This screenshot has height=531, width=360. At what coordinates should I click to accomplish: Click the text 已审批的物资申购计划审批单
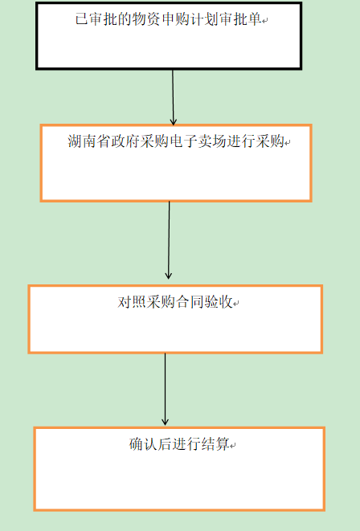(168, 19)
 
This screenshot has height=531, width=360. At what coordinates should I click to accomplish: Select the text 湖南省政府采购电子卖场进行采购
(176, 141)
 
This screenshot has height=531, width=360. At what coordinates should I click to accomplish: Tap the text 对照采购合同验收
(175, 302)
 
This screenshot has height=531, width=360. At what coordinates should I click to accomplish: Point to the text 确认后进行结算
(179, 444)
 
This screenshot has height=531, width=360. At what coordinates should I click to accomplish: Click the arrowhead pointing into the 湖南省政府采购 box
(174, 121)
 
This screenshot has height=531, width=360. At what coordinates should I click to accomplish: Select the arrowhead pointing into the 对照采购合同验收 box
(168, 275)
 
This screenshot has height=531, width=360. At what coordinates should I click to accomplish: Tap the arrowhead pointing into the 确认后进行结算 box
(165, 421)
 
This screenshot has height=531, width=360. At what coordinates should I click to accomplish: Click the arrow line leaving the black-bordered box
(173, 97)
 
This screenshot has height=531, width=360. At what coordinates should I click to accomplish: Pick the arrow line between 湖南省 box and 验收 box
(169, 240)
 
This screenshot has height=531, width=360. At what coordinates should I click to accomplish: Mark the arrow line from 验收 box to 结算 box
(165, 389)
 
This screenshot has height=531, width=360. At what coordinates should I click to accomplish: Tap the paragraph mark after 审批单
(265, 21)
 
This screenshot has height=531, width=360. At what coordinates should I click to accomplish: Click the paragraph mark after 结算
(233, 447)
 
